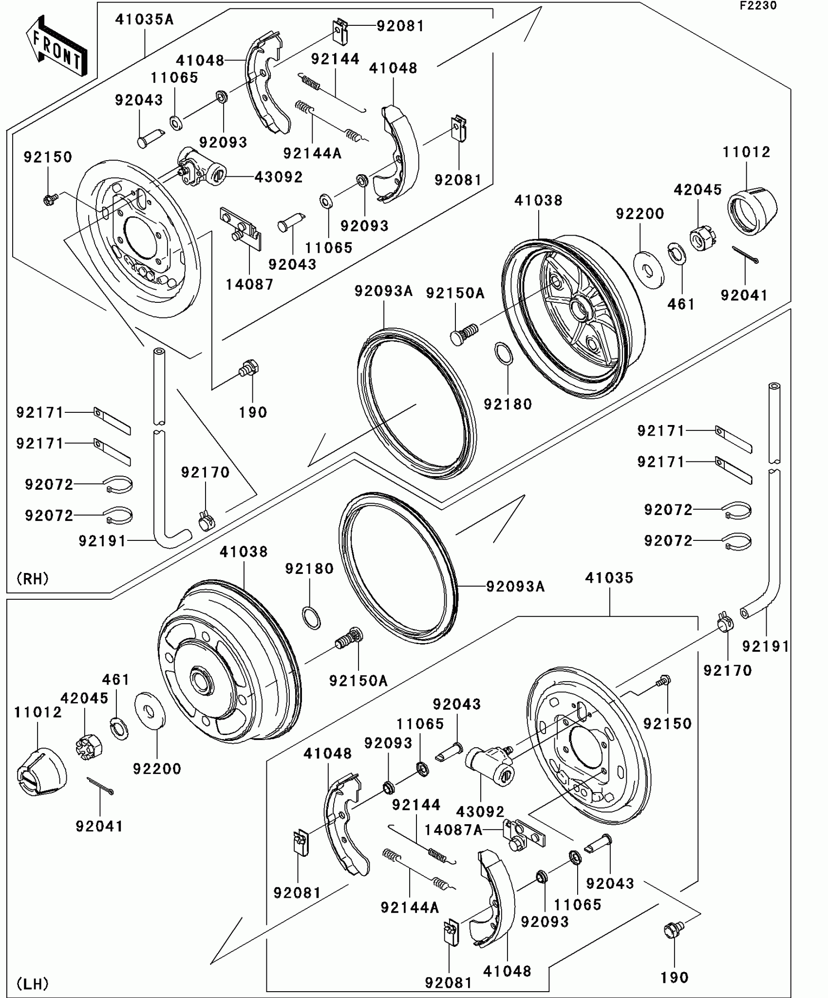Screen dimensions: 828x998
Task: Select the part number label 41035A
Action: (x=145, y=19)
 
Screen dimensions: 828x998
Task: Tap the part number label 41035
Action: (x=609, y=578)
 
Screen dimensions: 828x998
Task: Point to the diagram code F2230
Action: (x=758, y=5)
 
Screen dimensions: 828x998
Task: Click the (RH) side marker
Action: (x=33, y=579)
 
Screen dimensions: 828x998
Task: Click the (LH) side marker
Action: (x=33, y=984)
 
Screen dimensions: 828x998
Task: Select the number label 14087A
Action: (x=453, y=830)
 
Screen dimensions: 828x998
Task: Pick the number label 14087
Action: (x=249, y=284)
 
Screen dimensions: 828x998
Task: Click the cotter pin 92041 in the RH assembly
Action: (x=745, y=255)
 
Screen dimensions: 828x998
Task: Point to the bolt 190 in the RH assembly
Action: (x=248, y=368)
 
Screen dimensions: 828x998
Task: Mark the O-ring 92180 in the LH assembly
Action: (x=312, y=618)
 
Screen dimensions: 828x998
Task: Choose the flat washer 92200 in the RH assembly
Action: (x=649, y=270)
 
